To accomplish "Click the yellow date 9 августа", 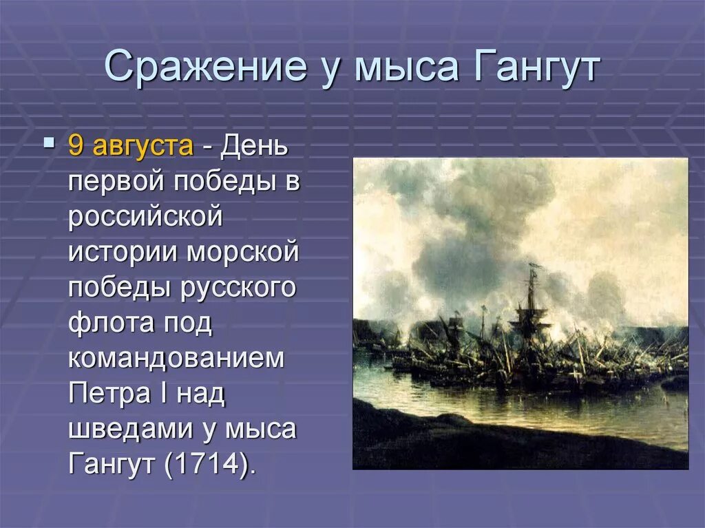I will point(131,147).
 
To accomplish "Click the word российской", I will point(146,218).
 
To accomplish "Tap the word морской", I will point(242,253).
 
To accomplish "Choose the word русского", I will point(238,288).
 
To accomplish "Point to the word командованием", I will point(176,359).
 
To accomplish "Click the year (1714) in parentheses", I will point(209,464).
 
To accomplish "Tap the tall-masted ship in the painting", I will point(532,310).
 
